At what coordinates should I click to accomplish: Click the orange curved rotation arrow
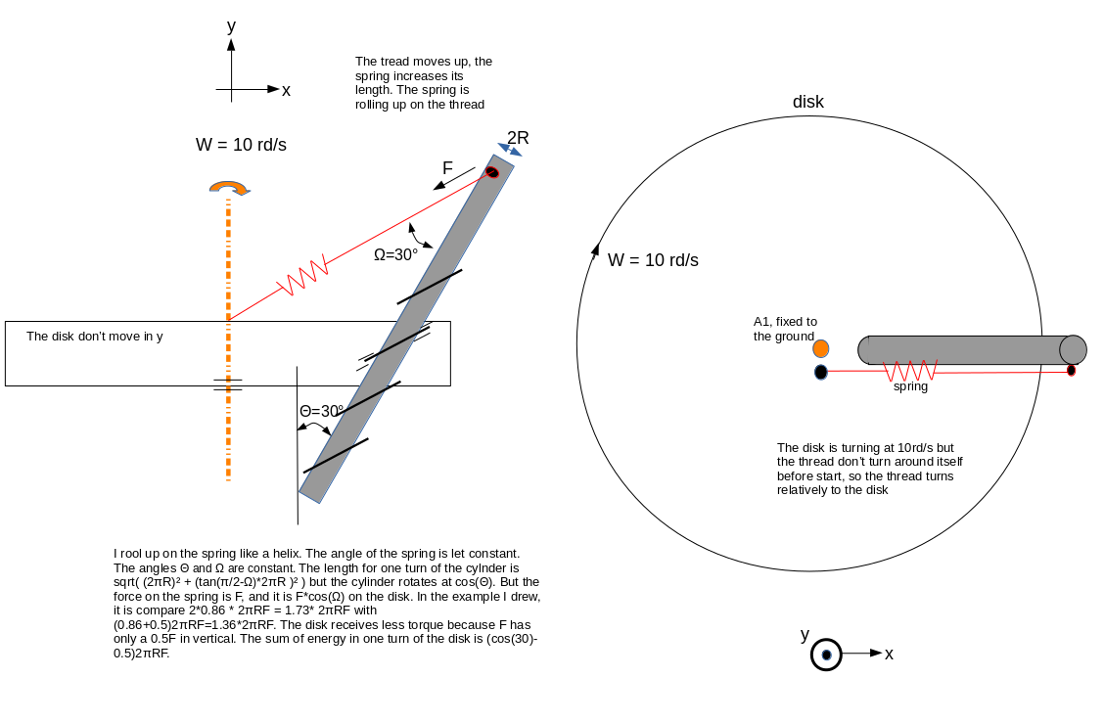click(230, 188)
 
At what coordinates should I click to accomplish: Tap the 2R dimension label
click(518, 138)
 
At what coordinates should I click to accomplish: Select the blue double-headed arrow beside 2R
click(510, 150)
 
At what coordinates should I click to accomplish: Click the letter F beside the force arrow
click(447, 168)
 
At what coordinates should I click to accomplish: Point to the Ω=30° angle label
click(395, 254)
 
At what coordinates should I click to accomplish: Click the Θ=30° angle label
click(322, 411)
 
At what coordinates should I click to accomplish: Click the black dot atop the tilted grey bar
click(492, 172)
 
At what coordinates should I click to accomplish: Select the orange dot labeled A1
click(821, 348)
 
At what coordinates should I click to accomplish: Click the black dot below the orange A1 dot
click(821, 372)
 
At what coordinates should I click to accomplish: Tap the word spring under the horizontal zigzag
click(910, 386)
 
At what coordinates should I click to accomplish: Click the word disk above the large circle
click(808, 102)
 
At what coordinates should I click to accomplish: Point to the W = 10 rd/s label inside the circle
click(654, 260)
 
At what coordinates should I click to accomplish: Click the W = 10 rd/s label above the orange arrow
click(241, 145)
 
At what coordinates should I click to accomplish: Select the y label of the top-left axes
click(231, 26)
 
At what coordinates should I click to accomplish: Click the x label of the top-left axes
click(286, 91)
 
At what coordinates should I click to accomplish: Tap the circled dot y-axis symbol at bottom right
click(826, 655)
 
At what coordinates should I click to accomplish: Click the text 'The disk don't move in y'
click(94, 337)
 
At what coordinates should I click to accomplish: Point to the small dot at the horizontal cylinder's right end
click(1071, 370)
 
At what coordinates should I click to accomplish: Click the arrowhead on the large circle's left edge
click(595, 249)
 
